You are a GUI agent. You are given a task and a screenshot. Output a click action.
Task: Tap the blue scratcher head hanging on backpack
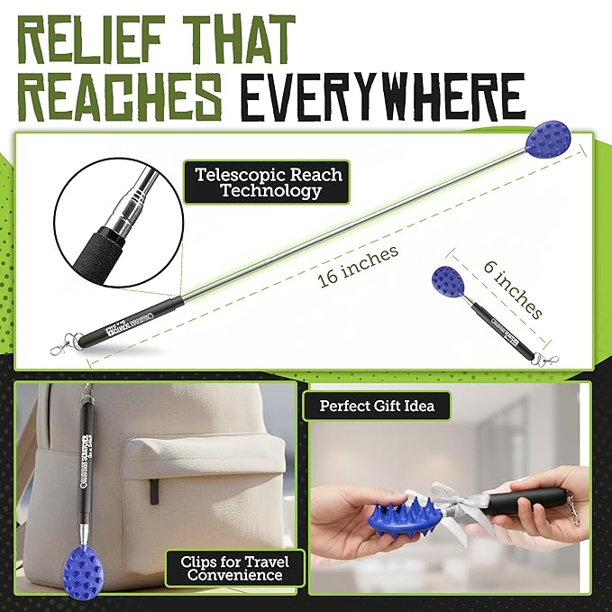click(93, 566)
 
